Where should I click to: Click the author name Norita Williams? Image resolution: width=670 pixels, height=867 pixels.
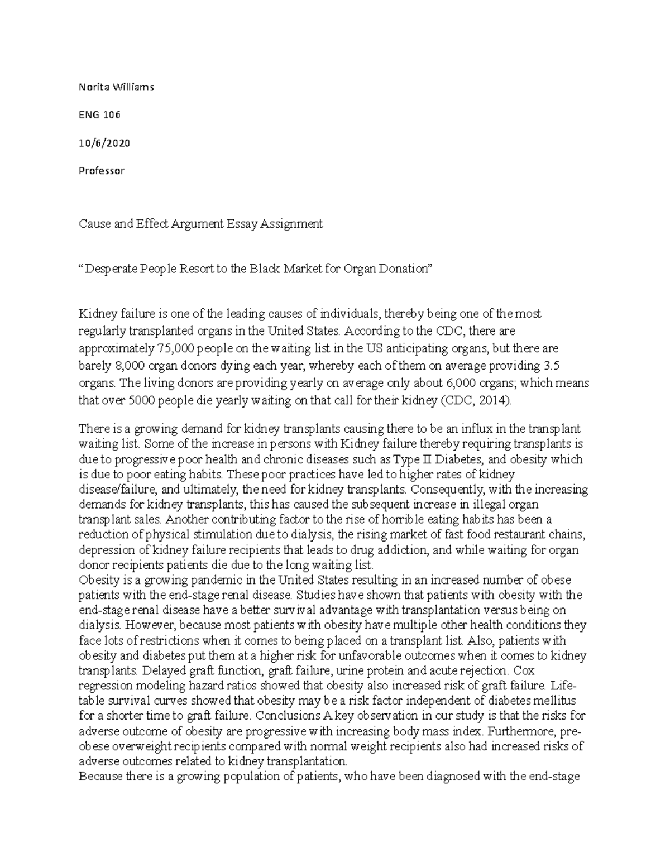click(x=116, y=87)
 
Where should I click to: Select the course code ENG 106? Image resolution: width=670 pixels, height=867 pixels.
click(x=99, y=115)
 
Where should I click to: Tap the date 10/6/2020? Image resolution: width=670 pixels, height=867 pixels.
click(x=104, y=143)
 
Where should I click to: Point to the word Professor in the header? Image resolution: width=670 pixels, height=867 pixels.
click(x=101, y=171)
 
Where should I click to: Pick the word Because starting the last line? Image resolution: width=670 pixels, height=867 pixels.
click(x=100, y=776)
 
